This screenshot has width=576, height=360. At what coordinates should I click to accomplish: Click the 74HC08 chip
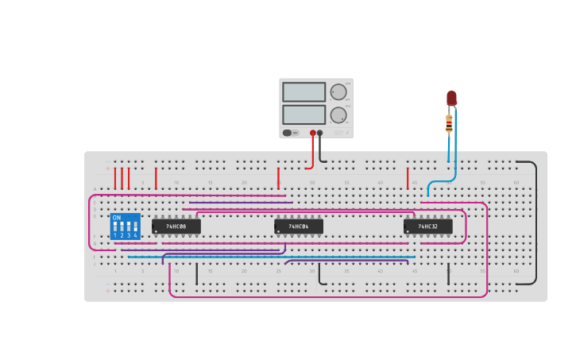[176, 226]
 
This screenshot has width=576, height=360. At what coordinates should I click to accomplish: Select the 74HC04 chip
[299, 226]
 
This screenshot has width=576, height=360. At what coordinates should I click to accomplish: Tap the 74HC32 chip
[428, 226]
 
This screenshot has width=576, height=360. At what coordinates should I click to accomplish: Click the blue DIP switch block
[126, 226]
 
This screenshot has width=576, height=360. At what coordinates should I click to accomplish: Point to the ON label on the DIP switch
[117, 218]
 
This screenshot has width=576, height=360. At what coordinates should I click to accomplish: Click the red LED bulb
[451, 98]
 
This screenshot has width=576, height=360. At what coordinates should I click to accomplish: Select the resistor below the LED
[449, 123]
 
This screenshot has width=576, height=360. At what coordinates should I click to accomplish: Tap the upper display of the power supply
[303, 92]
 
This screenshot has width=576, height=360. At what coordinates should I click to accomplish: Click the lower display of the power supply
[303, 114]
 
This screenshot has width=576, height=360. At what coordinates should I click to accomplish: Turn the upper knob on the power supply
[338, 92]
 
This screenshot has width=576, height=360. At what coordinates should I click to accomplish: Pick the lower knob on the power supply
[338, 114]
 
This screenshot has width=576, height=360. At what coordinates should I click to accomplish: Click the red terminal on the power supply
[313, 133]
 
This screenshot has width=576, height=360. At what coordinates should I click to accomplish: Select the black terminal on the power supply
[320, 133]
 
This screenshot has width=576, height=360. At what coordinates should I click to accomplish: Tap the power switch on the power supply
[290, 133]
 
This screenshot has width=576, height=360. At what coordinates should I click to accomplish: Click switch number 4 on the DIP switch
[136, 226]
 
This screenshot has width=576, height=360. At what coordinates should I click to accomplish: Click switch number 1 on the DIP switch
[115, 226]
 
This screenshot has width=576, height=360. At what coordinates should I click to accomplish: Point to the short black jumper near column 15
[197, 273]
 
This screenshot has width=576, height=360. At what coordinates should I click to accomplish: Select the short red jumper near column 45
[408, 178]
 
